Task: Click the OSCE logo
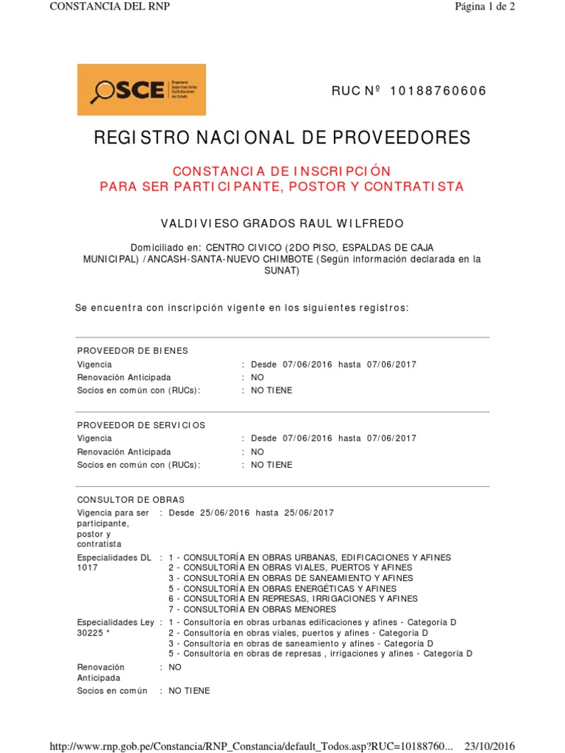click(x=141, y=90)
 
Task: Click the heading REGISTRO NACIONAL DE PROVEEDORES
click(x=282, y=138)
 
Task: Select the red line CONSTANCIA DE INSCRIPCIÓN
click(x=282, y=171)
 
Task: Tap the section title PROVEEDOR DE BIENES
click(x=132, y=351)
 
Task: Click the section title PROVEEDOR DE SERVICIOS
click(x=141, y=425)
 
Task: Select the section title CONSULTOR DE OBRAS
click(x=131, y=500)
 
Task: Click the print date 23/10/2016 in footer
click(x=490, y=746)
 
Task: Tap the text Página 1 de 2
click(x=485, y=7)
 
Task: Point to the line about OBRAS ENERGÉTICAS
click(x=282, y=589)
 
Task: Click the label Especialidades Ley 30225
click(x=116, y=627)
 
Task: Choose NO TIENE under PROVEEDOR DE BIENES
click(x=271, y=390)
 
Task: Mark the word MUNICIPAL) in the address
click(x=110, y=260)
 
